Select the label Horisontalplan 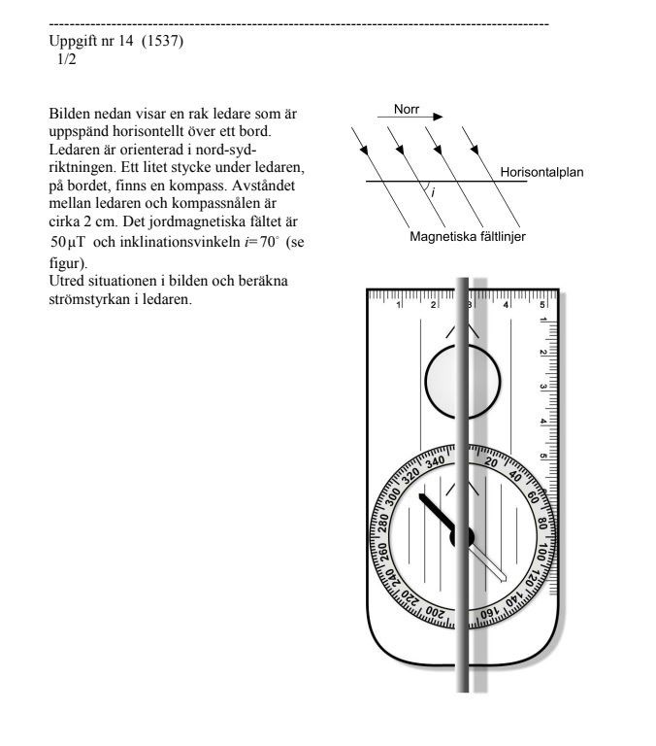coord(541,173)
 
